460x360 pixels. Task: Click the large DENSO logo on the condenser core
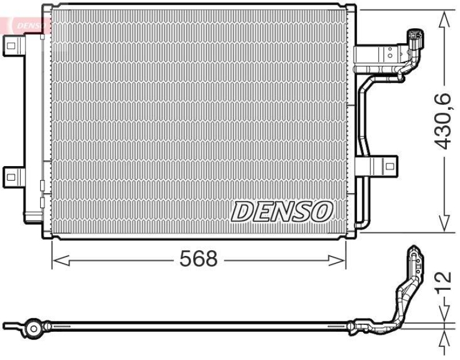[282, 212]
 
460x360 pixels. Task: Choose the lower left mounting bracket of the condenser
[13, 175]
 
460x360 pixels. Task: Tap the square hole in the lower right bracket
[390, 167]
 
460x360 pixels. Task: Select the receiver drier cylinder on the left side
[33, 127]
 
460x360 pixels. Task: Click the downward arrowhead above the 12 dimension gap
[443, 313]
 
